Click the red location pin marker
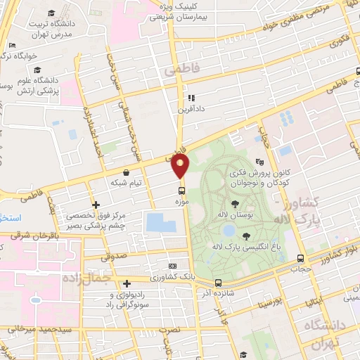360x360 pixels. (x=181, y=166)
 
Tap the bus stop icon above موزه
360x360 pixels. (x=182, y=190)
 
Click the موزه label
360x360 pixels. (x=182, y=200)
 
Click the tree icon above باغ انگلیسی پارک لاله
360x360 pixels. (x=245, y=236)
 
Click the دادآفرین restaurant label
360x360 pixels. (x=191, y=109)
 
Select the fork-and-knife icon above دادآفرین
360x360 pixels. (x=191, y=98)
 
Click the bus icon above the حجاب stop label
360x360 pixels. (x=300, y=258)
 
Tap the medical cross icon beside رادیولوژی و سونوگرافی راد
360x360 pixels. (x=127, y=284)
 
